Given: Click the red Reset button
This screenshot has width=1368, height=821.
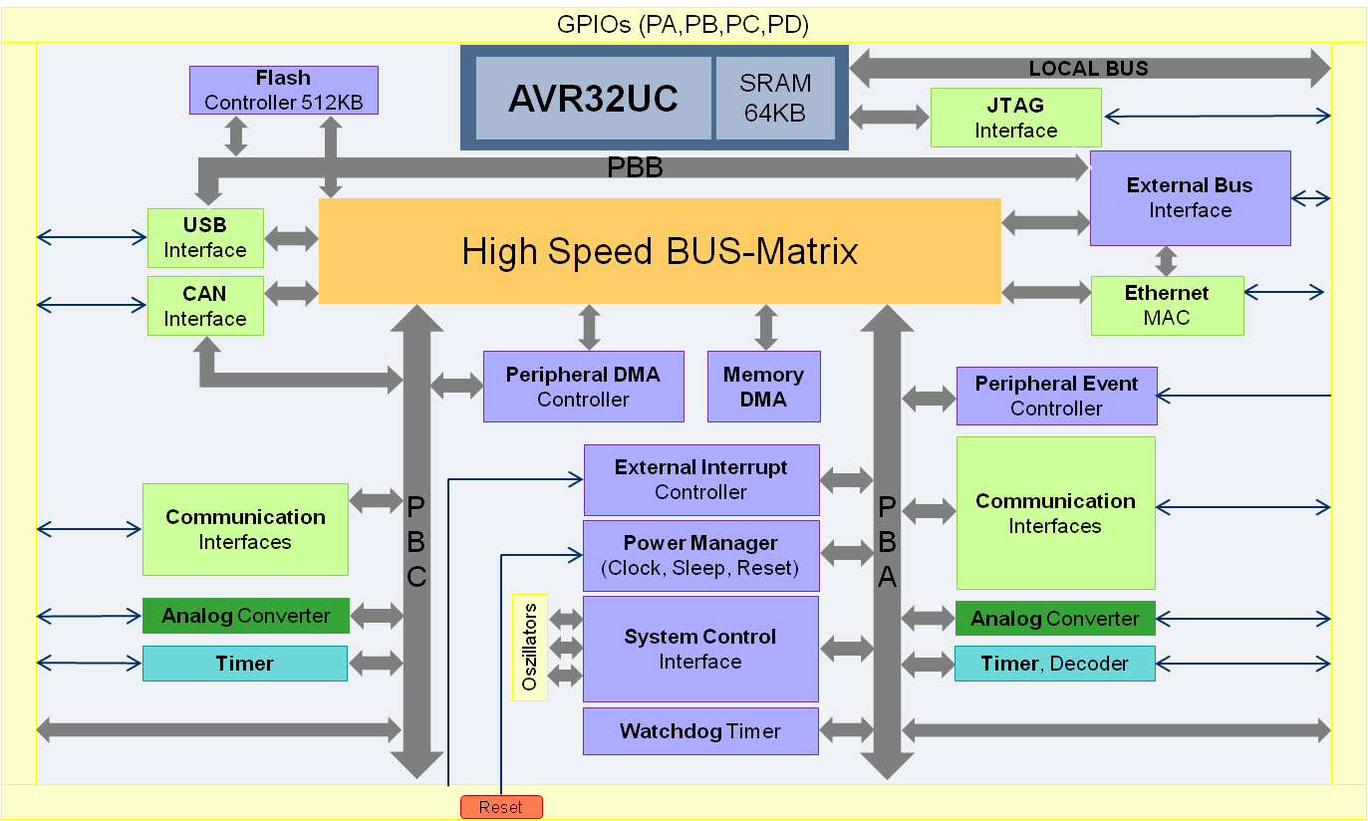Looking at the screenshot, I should pyautogui.click(x=501, y=807).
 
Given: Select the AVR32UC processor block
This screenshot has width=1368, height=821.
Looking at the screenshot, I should pyautogui.click(x=593, y=98).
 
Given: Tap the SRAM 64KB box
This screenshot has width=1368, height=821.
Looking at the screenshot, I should pyautogui.click(x=775, y=98).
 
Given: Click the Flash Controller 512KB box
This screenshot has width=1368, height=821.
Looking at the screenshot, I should pyautogui.click(x=283, y=90).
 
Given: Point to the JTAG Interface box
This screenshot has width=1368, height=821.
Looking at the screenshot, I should pyautogui.click(x=1015, y=118).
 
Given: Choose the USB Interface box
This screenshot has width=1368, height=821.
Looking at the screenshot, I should pyautogui.click(x=204, y=238).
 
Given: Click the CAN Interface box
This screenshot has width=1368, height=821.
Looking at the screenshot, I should pyautogui.click(x=204, y=306).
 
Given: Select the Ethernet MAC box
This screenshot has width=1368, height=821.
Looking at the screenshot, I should pyautogui.click(x=1167, y=305).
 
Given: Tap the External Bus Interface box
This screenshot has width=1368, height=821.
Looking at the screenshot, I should pyautogui.click(x=1190, y=197).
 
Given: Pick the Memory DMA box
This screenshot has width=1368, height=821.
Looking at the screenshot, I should pyautogui.click(x=763, y=387).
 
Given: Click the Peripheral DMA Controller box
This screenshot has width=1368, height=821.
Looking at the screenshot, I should pyautogui.click(x=583, y=387).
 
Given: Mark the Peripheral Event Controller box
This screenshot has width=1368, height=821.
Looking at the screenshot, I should pyautogui.click(x=1056, y=396).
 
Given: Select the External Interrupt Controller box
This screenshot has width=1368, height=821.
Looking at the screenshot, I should pyautogui.click(x=700, y=479).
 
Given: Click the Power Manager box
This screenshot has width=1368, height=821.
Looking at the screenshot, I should pyautogui.click(x=700, y=555).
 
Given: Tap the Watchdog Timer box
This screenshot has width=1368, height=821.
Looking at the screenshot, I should pyautogui.click(x=700, y=731).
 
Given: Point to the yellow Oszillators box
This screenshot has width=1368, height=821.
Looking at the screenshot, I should pyautogui.click(x=530, y=648).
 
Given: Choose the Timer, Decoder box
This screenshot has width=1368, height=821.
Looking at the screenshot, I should pyautogui.click(x=1054, y=664).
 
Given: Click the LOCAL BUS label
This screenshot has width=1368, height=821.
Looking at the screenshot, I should pyautogui.click(x=1088, y=69).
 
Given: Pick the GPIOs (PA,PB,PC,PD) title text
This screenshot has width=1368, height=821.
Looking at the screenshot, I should pyautogui.click(x=683, y=25).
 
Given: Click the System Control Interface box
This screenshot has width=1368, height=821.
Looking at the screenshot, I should pyautogui.click(x=700, y=649).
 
